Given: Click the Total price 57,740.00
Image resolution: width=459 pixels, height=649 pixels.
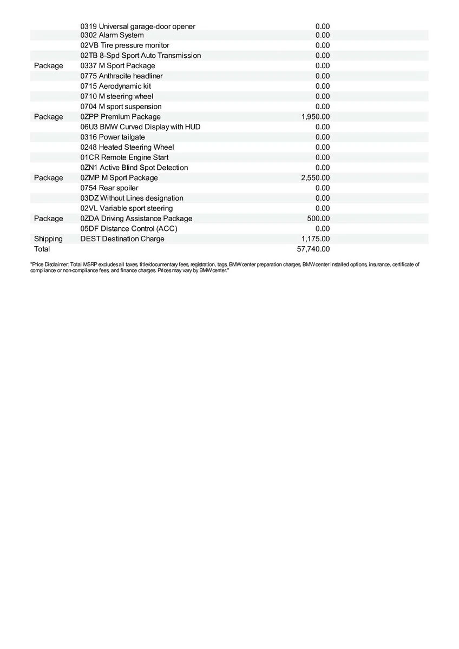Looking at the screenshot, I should [x=313, y=249].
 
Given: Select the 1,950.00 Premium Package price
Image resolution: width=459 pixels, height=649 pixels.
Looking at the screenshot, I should [x=315, y=117].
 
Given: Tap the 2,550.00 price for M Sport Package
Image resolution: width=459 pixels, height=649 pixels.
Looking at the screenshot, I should [x=315, y=178].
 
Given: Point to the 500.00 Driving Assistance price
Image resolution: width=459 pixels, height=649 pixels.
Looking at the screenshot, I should [x=318, y=218].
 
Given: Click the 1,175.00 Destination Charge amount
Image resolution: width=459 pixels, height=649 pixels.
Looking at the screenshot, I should [x=315, y=239].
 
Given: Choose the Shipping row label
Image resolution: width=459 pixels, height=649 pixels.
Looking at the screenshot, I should [x=48, y=239].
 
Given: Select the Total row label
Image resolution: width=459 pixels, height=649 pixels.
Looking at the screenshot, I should [x=42, y=249].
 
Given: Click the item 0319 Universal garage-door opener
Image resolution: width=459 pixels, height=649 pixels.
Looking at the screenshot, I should [x=137, y=27].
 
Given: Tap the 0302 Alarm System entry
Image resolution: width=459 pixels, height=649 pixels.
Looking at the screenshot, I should [x=112, y=35].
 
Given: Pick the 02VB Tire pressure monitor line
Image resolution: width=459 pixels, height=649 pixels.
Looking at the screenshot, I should [x=124, y=45].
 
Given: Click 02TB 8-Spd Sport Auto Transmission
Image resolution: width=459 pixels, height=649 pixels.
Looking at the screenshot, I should [x=140, y=56].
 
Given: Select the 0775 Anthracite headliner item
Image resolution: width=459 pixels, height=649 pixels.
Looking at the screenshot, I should [x=121, y=76].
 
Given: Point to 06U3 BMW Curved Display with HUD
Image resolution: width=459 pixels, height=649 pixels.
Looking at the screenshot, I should [x=140, y=127].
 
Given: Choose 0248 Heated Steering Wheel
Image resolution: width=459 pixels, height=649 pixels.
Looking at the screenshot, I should [x=127, y=147].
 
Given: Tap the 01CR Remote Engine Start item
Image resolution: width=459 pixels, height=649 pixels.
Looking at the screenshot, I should [x=124, y=157].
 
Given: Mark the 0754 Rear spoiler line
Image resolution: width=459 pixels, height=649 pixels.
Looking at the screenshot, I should [x=109, y=188].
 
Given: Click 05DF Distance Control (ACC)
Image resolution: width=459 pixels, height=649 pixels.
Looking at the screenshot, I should [x=129, y=229].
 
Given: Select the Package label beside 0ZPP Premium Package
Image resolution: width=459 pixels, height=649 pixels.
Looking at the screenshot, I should [x=48, y=117].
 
